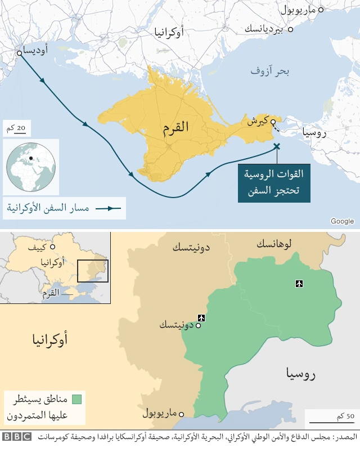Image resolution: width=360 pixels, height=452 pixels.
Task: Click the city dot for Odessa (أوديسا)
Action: [x=19, y=53]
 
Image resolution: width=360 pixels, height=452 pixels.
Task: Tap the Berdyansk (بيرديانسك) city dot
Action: [x=290, y=29]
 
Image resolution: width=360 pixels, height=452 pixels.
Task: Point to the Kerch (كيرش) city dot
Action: [x=273, y=122]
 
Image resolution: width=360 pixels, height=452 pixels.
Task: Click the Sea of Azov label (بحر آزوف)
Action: [x=269, y=71]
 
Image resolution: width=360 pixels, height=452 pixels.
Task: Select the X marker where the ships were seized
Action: [x=276, y=147]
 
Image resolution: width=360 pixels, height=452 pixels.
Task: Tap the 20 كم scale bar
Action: [x=17, y=133]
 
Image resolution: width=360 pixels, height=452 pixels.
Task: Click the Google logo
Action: [x=342, y=221]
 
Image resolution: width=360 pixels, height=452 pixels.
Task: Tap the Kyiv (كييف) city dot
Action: [x=52, y=247]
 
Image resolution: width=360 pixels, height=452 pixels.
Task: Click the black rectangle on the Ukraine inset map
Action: [x=93, y=271]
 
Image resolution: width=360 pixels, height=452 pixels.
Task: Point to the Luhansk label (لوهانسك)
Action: [x=274, y=244]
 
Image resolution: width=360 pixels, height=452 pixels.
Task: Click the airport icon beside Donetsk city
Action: [x=201, y=318]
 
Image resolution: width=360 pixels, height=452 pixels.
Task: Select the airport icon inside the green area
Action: [x=299, y=283]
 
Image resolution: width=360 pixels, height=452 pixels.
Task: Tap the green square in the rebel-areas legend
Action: [x=77, y=399]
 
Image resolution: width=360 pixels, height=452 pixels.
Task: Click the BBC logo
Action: [x=17, y=436]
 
